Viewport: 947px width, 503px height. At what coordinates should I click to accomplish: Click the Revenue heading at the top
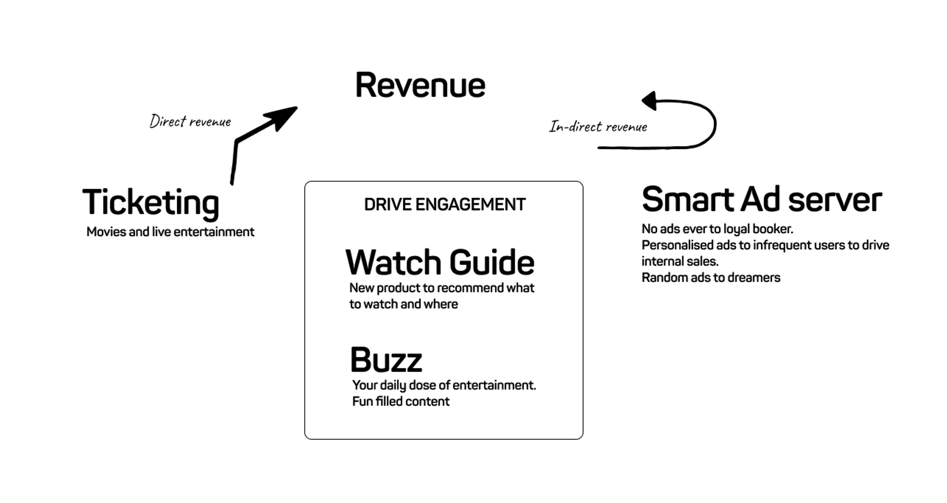point(420,85)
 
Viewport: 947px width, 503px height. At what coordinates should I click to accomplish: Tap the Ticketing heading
point(151,202)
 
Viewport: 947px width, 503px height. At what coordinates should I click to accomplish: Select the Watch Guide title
point(440,262)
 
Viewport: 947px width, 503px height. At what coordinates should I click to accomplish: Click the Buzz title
point(386,360)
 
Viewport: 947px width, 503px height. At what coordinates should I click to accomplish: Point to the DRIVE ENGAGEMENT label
point(445,204)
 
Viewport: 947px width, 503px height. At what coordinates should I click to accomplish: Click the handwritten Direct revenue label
point(190,122)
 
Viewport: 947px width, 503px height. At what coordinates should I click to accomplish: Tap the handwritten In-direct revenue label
point(598,127)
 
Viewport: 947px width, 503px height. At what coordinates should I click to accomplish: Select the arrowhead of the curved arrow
point(650,101)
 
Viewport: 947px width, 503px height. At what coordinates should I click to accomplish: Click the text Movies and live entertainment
point(170,232)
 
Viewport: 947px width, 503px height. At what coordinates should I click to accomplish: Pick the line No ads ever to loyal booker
point(717,229)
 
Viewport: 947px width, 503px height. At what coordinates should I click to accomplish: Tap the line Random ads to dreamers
point(711,277)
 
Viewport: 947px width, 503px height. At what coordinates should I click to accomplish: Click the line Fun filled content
point(401,402)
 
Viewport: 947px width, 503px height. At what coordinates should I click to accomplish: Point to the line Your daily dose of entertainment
point(444,385)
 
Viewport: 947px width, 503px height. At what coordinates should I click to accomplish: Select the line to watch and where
point(403,304)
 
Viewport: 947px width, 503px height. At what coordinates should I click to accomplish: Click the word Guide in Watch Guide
point(491,262)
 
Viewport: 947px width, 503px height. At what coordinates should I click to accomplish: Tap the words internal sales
point(680,261)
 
